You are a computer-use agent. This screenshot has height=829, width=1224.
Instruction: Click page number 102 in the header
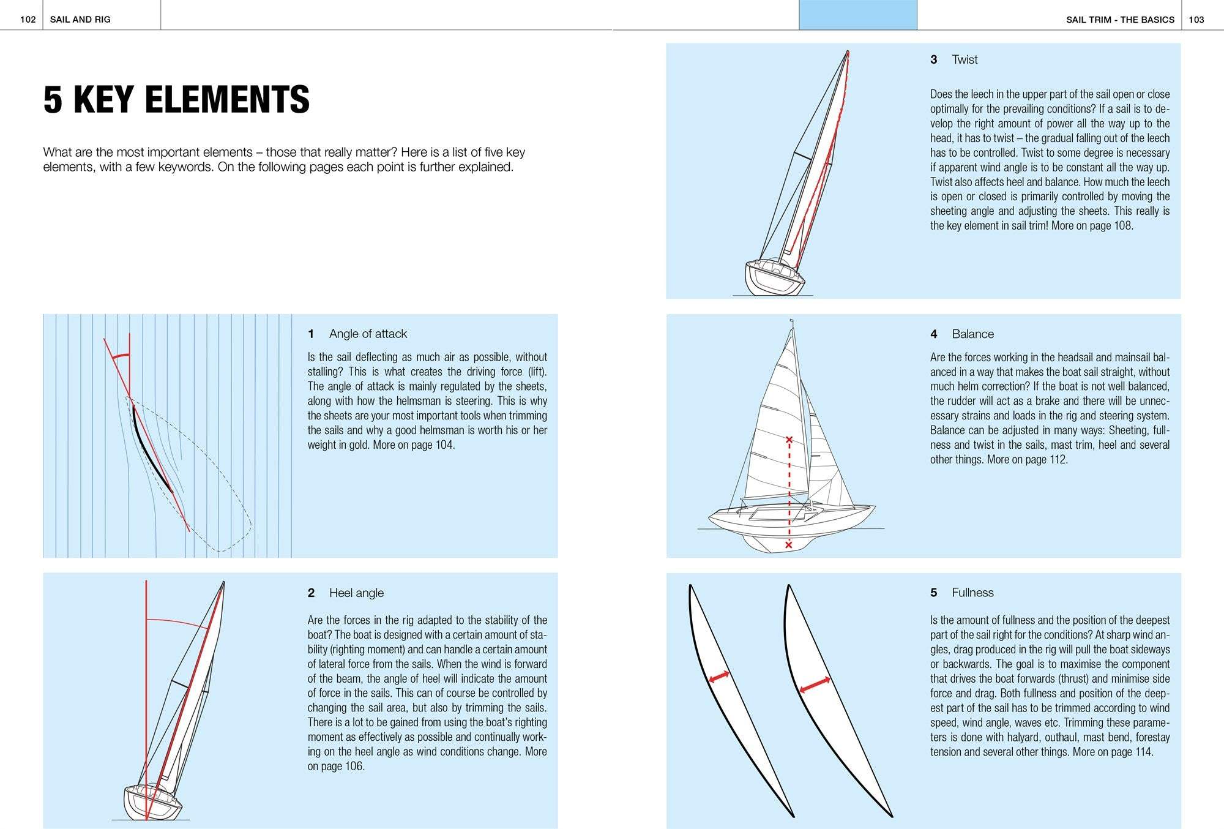[x=28, y=20]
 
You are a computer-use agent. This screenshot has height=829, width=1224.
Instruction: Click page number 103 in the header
[x=1196, y=20]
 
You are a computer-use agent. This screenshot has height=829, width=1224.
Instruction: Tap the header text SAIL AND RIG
[x=80, y=20]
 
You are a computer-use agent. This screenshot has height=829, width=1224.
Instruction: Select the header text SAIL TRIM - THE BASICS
[x=1120, y=20]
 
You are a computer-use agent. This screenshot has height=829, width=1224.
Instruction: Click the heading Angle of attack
[x=368, y=334]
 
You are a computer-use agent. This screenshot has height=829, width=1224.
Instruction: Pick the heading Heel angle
[x=356, y=593]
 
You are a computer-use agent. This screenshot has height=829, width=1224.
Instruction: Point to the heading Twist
[x=965, y=59]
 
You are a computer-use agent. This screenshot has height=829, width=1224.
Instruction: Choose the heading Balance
[x=972, y=334]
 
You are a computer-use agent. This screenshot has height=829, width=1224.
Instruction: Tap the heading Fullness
[x=972, y=593]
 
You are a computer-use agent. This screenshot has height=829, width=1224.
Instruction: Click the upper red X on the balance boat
[x=789, y=440]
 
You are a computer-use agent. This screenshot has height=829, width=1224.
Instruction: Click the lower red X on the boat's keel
[x=788, y=544]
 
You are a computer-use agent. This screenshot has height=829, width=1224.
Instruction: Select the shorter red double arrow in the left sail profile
[x=718, y=677]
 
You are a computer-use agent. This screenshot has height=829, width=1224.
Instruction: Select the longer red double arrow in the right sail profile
[x=815, y=685]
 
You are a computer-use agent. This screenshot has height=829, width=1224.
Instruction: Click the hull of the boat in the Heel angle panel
[x=152, y=803]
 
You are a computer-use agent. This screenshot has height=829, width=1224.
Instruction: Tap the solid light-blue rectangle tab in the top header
[x=857, y=15]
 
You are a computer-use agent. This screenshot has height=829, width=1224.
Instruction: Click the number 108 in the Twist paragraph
[x=1122, y=225]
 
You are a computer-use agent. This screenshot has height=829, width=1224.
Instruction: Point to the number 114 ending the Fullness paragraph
[x=1142, y=752]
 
